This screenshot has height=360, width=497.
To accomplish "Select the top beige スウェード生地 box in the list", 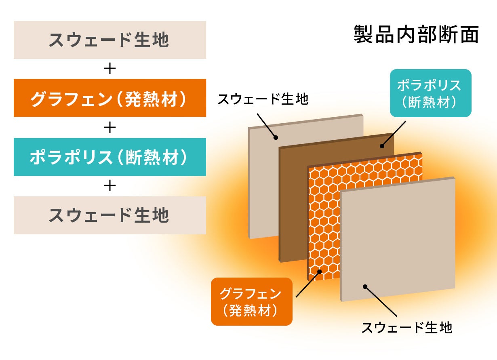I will click(110, 40).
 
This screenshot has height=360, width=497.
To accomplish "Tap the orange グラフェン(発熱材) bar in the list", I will click(110, 98).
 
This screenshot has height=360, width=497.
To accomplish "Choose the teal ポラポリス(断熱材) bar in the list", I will click(110, 157).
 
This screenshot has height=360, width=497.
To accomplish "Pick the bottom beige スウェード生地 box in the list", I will click(110, 215).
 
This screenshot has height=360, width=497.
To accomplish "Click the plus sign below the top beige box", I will click(110, 69).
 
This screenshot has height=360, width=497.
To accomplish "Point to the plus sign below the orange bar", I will click(110, 128).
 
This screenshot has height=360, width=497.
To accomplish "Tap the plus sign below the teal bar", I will click(110, 186).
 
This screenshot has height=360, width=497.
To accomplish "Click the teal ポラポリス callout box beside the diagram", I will click(430, 93).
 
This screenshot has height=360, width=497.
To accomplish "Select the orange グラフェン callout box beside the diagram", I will click(251, 301).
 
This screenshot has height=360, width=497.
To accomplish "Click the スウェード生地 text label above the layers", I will click(263, 99).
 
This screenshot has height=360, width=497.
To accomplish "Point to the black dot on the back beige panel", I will click(276, 137).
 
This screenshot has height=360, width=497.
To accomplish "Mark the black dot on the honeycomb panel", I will click(319, 272).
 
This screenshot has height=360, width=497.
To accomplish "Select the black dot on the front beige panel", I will click(364, 286).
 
